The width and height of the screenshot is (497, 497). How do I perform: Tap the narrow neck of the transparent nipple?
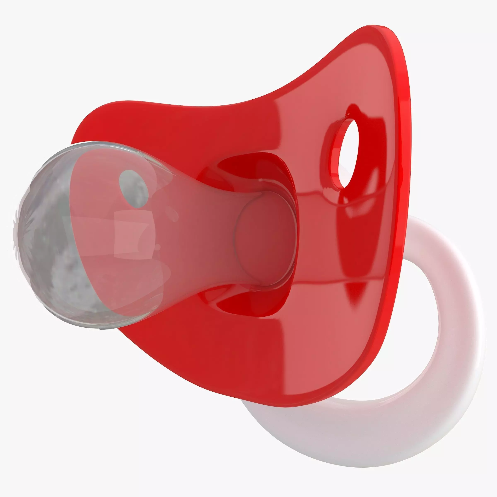[x=206, y=232]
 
